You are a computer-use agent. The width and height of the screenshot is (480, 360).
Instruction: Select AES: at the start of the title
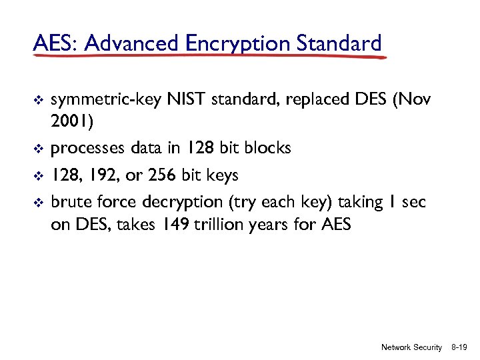tap(55, 43)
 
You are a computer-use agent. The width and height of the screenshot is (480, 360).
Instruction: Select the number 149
tap(174, 225)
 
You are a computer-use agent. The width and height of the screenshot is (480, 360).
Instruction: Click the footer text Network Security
tap(411, 347)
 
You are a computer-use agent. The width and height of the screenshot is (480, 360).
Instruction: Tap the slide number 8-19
tap(459, 347)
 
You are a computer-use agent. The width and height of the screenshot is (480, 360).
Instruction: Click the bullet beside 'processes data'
tap(38, 149)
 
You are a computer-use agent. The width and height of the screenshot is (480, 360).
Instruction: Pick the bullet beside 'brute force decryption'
tap(38, 203)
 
